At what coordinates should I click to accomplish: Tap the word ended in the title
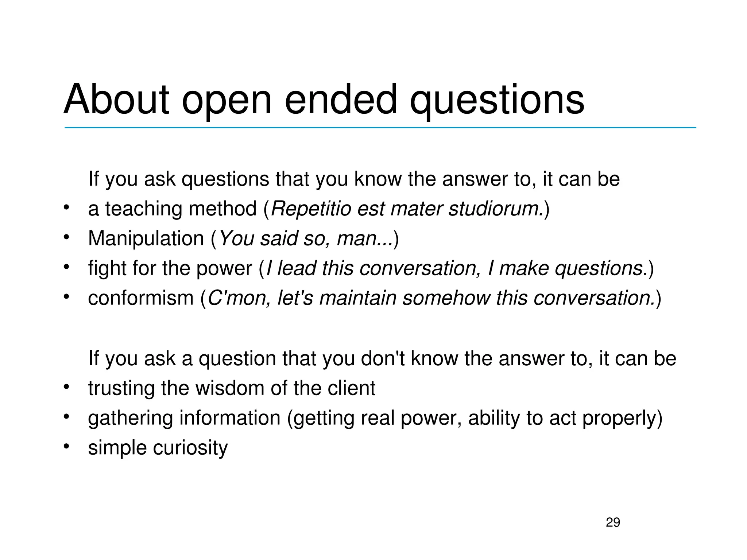point(340,99)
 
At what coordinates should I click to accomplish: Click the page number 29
point(613,522)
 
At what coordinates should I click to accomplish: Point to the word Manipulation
point(146,239)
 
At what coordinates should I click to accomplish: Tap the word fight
point(107,269)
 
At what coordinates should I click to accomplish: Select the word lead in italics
point(296,269)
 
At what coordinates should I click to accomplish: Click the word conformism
point(140,298)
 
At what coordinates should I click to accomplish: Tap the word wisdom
point(230,388)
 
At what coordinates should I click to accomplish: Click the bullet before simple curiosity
point(66,447)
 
